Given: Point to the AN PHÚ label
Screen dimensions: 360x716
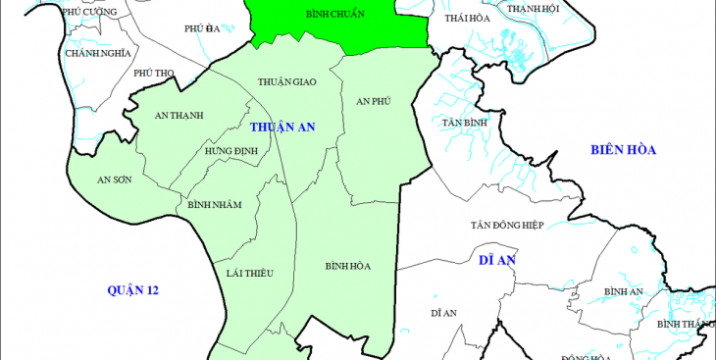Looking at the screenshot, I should [374, 101].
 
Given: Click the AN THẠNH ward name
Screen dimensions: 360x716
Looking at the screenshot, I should [179, 115].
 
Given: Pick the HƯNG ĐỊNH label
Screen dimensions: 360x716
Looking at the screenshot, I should [230, 151].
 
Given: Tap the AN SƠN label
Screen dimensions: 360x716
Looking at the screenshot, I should [114, 180].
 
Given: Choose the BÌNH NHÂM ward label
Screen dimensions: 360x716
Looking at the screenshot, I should [214, 204].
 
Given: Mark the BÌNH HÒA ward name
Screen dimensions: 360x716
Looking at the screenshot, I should [347, 266].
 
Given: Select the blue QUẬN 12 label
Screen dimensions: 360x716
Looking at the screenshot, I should [133, 290].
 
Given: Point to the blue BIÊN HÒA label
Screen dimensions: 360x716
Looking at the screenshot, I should [622, 149].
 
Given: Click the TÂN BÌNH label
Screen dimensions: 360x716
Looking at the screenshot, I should [464, 123].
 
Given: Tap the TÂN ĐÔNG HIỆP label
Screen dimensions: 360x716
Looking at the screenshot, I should [506, 225].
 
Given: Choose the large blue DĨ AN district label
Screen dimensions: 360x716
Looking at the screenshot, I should [497, 260].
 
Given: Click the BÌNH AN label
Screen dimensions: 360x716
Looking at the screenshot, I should [623, 291].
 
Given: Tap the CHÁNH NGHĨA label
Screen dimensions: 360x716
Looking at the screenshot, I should [97, 53].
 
